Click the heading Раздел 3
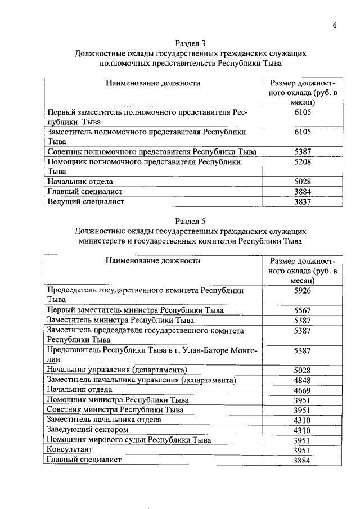(191, 43)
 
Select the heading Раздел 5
(191, 221)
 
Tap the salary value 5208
(303, 161)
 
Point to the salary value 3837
(303, 201)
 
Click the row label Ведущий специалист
(85, 201)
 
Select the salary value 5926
(303, 291)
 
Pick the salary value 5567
(303, 310)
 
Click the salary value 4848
(303, 380)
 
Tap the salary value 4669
(303, 390)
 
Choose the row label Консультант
(70, 450)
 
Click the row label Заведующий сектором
(84, 430)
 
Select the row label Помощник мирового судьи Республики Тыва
(129, 440)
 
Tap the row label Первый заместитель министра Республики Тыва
(136, 310)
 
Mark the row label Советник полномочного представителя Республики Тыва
(152, 152)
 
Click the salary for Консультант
(303, 451)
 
